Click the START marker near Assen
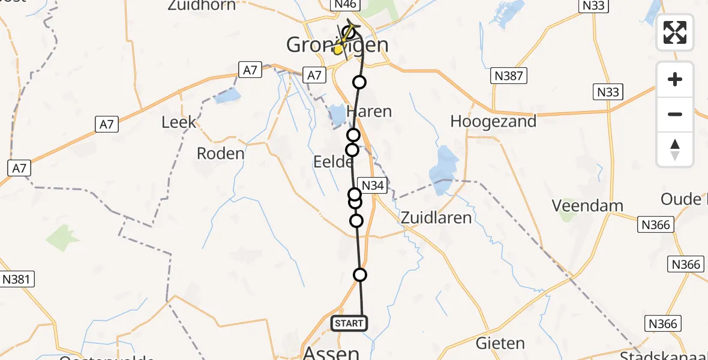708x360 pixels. click(x=349, y=323)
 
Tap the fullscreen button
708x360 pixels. click(x=675, y=32)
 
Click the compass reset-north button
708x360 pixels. click(x=675, y=149)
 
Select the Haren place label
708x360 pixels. click(x=369, y=112)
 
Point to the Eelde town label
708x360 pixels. click(x=329, y=162)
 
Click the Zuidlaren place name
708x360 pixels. click(x=436, y=217)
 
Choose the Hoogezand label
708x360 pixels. click(x=493, y=122)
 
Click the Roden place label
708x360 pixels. click(x=221, y=154)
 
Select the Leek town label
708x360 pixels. click(x=179, y=122)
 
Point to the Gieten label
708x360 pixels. click(x=500, y=344)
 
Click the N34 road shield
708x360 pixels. click(x=373, y=185)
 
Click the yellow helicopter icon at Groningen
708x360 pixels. click(x=341, y=48)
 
